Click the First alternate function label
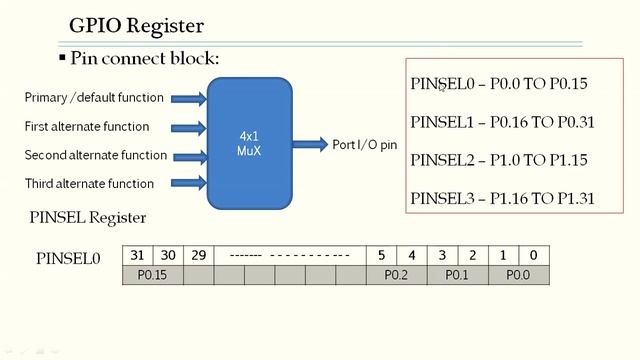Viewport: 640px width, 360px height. click(x=87, y=127)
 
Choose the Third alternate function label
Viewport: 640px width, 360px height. click(x=89, y=184)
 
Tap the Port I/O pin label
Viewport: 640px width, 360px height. click(x=365, y=146)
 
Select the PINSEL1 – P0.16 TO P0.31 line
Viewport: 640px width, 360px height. click(x=503, y=122)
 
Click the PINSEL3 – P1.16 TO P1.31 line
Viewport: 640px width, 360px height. click(x=503, y=198)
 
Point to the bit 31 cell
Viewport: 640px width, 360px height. click(x=137, y=255)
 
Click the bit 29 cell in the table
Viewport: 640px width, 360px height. click(x=198, y=255)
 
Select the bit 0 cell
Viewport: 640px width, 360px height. click(x=533, y=255)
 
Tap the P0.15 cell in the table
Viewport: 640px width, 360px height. click(x=152, y=274)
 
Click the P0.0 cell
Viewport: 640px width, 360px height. click(x=518, y=274)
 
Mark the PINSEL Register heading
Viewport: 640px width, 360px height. click(x=88, y=218)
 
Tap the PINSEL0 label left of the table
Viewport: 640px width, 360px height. click(x=68, y=259)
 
